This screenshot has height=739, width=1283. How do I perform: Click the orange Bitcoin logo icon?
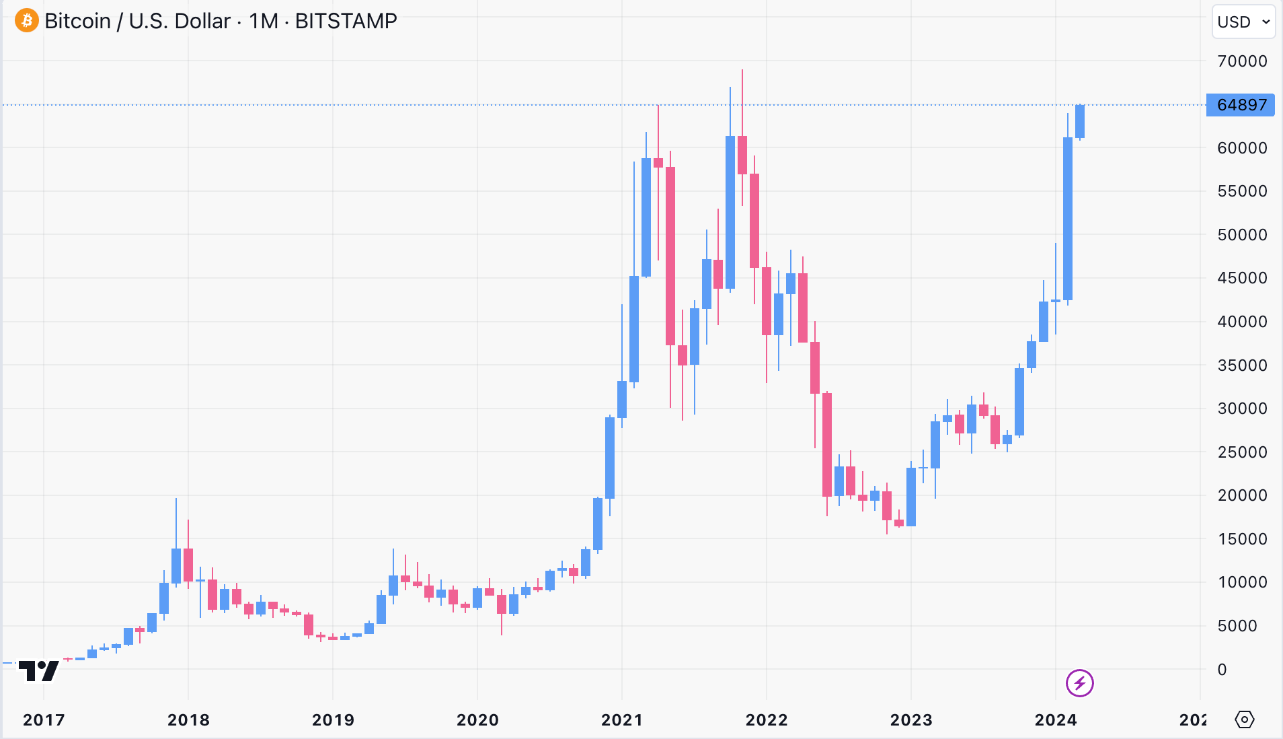tap(27, 21)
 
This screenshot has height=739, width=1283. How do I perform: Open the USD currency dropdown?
tap(1243, 22)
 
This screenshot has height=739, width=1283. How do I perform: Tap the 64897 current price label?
tap(1241, 105)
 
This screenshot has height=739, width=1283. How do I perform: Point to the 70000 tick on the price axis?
tap(1242, 61)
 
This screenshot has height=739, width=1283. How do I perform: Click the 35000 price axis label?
tap(1242, 365)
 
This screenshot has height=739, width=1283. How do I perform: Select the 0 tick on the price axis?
tap(1222, 670)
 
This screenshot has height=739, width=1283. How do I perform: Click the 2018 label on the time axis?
tap(188, 720)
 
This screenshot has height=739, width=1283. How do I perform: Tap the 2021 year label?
tap(622, 720)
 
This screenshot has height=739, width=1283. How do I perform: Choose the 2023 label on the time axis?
tap(911, 720)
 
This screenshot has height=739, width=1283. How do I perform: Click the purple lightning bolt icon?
tap(1080, 683)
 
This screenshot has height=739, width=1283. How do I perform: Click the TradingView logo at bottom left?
tap(39, 670)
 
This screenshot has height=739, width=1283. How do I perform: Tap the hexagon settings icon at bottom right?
tap(1245, 719)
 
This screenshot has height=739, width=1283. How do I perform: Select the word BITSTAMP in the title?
tap(346, 21)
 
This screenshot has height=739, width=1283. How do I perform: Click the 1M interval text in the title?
tap(263, 21)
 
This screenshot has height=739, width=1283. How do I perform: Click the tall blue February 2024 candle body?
tap(1068, 219)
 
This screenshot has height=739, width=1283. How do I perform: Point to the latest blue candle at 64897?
tap(1080, 121)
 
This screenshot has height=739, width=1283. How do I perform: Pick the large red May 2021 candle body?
tap(670, 256)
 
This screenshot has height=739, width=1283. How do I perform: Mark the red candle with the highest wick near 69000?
tap(742, 155)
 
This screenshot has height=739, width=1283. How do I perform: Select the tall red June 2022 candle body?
tap(827, 444)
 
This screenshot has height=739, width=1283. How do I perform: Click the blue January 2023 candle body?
tap(911, 497)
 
